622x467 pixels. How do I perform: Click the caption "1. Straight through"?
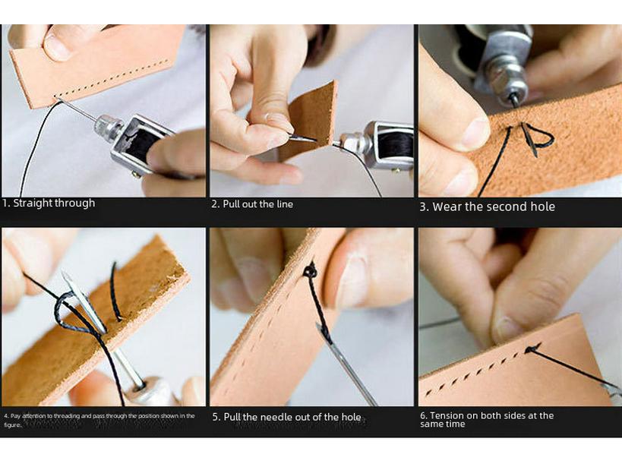click(x=49, y=204)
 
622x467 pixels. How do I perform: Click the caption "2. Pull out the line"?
click(x=252, y=204)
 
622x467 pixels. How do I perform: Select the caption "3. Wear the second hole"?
click(x=487, y=207)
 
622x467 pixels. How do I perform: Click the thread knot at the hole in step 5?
click(x=310, y=270)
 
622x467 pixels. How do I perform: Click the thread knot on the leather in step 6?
click(x=534, y=349)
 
